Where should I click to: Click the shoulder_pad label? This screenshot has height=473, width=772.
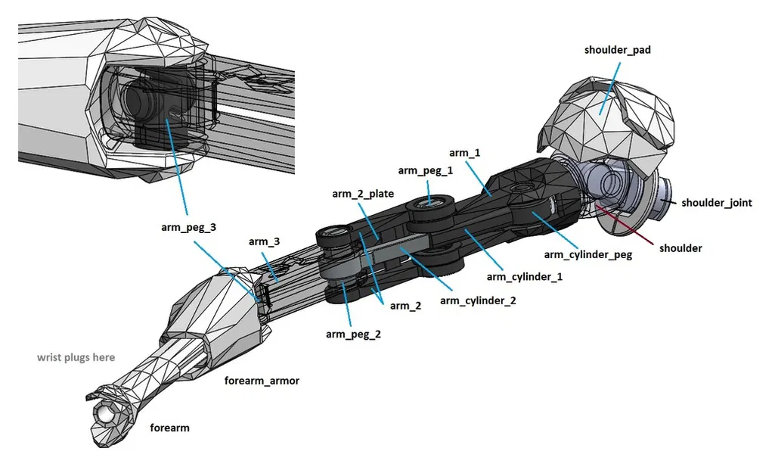[617, 50]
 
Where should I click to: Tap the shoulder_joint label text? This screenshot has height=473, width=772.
[716, 203]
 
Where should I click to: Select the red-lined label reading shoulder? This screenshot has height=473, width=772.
[681, 248]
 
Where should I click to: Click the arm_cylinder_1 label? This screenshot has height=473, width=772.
[525, 276]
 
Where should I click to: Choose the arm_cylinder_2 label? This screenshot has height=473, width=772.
[478, 300]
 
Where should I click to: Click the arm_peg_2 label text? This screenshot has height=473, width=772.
[353, 334]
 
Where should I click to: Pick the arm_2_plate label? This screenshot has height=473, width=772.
[363, 194]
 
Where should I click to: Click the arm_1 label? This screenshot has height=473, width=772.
[465, 153]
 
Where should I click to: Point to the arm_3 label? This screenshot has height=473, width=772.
[264, 241]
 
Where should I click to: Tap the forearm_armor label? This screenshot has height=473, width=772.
[262, 381]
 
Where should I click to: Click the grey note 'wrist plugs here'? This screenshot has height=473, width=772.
[76, 357]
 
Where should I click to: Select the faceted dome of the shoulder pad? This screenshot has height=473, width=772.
[605, 114]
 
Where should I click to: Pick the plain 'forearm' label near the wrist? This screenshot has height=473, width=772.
[169, 428]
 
